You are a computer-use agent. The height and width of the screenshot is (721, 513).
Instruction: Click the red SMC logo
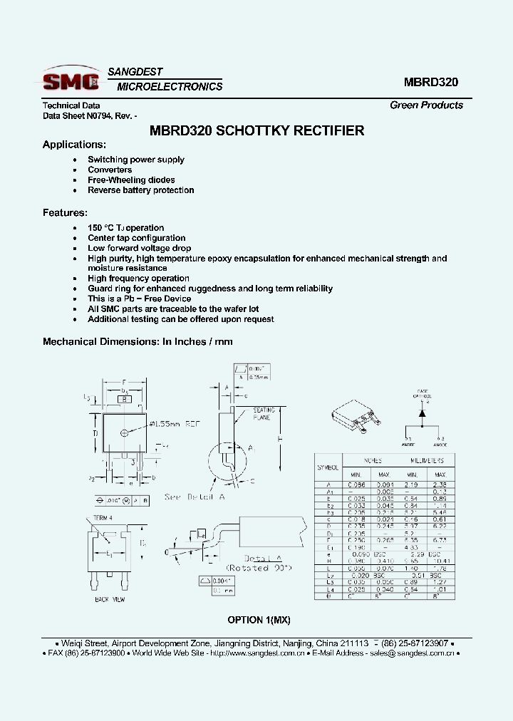click(70, 80)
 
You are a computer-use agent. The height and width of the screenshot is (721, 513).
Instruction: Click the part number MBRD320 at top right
click(430, 82)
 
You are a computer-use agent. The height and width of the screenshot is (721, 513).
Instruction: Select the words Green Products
click(426, 105)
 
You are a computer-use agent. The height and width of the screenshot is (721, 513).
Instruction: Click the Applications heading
click(74, 145)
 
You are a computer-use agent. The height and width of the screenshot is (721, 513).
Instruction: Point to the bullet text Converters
click(110, 170)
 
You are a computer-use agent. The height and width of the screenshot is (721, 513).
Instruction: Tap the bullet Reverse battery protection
click(140, 190)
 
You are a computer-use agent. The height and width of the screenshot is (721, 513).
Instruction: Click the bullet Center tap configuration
click(136, 238)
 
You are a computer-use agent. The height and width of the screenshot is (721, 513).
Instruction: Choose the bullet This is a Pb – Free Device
click(139, 299)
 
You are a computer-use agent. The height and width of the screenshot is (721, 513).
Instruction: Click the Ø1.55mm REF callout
click(175, 425)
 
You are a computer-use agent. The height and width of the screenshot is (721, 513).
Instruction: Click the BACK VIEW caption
click(110, 600)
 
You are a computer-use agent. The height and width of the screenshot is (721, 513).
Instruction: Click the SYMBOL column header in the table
click(328, 467)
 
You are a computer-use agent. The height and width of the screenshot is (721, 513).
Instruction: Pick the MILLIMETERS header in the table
click(427, 461)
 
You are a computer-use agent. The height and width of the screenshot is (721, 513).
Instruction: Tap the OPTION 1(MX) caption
click(259, 620)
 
